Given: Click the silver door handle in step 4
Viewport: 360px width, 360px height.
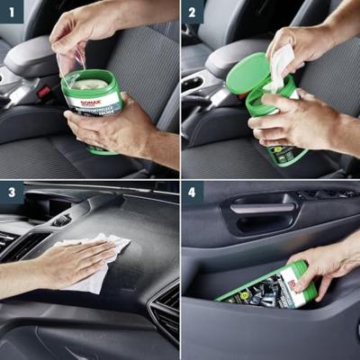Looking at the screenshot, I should (x=262, y=209).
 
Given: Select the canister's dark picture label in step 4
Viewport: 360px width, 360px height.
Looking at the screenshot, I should (x=256, y=293).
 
